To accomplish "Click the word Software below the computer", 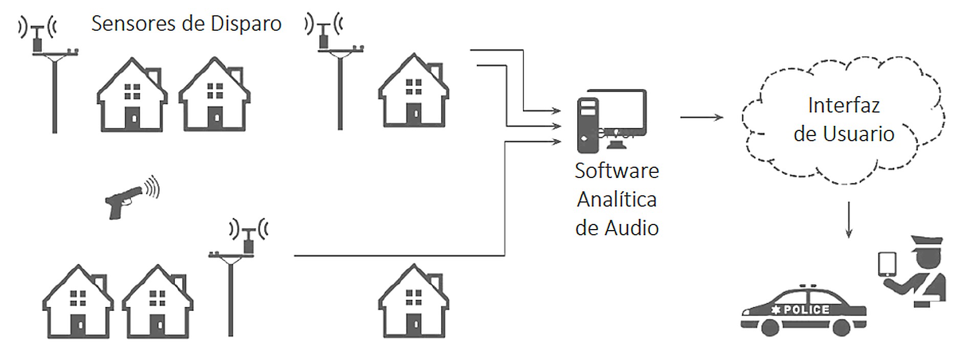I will [x=617, y=171].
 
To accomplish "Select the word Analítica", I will [x=617, y=199].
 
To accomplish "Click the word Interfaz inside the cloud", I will [x=844, y=106].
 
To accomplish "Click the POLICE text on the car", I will [x=806, y=309].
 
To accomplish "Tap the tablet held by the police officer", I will [x=887, y=264].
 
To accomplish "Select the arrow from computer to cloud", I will [x=701, y=117].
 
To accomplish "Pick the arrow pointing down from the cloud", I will [x=849, y=220].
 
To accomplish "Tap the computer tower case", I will [x=588, y=125].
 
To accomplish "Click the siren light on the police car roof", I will [x=808, y=286].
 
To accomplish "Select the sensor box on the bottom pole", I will [x=249, y=246].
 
